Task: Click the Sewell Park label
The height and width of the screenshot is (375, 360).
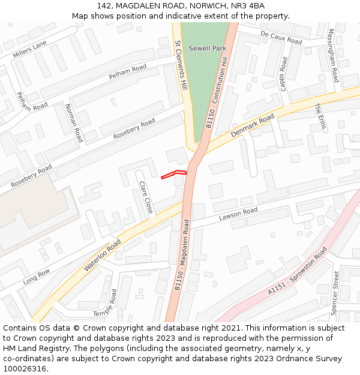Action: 207,48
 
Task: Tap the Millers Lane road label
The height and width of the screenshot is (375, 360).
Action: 29,50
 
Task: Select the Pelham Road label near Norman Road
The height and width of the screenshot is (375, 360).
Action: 128,72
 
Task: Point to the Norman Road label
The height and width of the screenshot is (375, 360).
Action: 73,122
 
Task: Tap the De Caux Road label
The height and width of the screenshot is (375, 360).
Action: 281,38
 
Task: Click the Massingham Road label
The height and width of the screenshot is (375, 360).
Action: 333,55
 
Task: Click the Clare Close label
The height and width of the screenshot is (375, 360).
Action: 146,197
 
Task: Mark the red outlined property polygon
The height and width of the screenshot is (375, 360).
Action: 174,174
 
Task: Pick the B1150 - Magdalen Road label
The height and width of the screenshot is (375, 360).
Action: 182,254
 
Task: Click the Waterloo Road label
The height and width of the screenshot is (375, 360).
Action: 103,255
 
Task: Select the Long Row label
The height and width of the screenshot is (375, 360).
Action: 37,277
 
